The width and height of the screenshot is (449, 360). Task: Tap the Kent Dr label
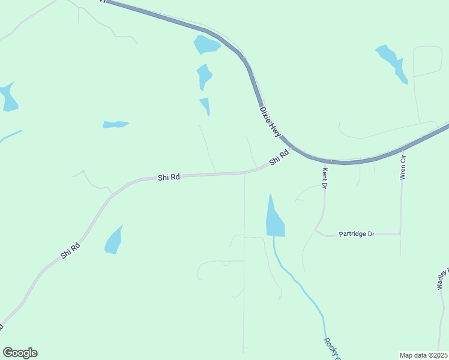[325, 178]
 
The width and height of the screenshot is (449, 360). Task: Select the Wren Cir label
[403, 167]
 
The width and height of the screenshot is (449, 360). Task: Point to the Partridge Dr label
[356, 233]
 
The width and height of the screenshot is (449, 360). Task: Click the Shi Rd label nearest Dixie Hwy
[279, 158]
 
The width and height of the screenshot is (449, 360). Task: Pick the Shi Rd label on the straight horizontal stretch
[169, 178]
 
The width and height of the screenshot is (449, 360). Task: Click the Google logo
[20, 353]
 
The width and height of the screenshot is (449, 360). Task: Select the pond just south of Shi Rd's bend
[113, 241]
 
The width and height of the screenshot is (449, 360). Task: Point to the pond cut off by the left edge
[8, 98]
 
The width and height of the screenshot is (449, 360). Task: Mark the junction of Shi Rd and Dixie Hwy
[292, 148]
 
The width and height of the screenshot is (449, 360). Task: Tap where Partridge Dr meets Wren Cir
[400, 234]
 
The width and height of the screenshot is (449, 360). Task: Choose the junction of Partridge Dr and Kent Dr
[316, 230]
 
